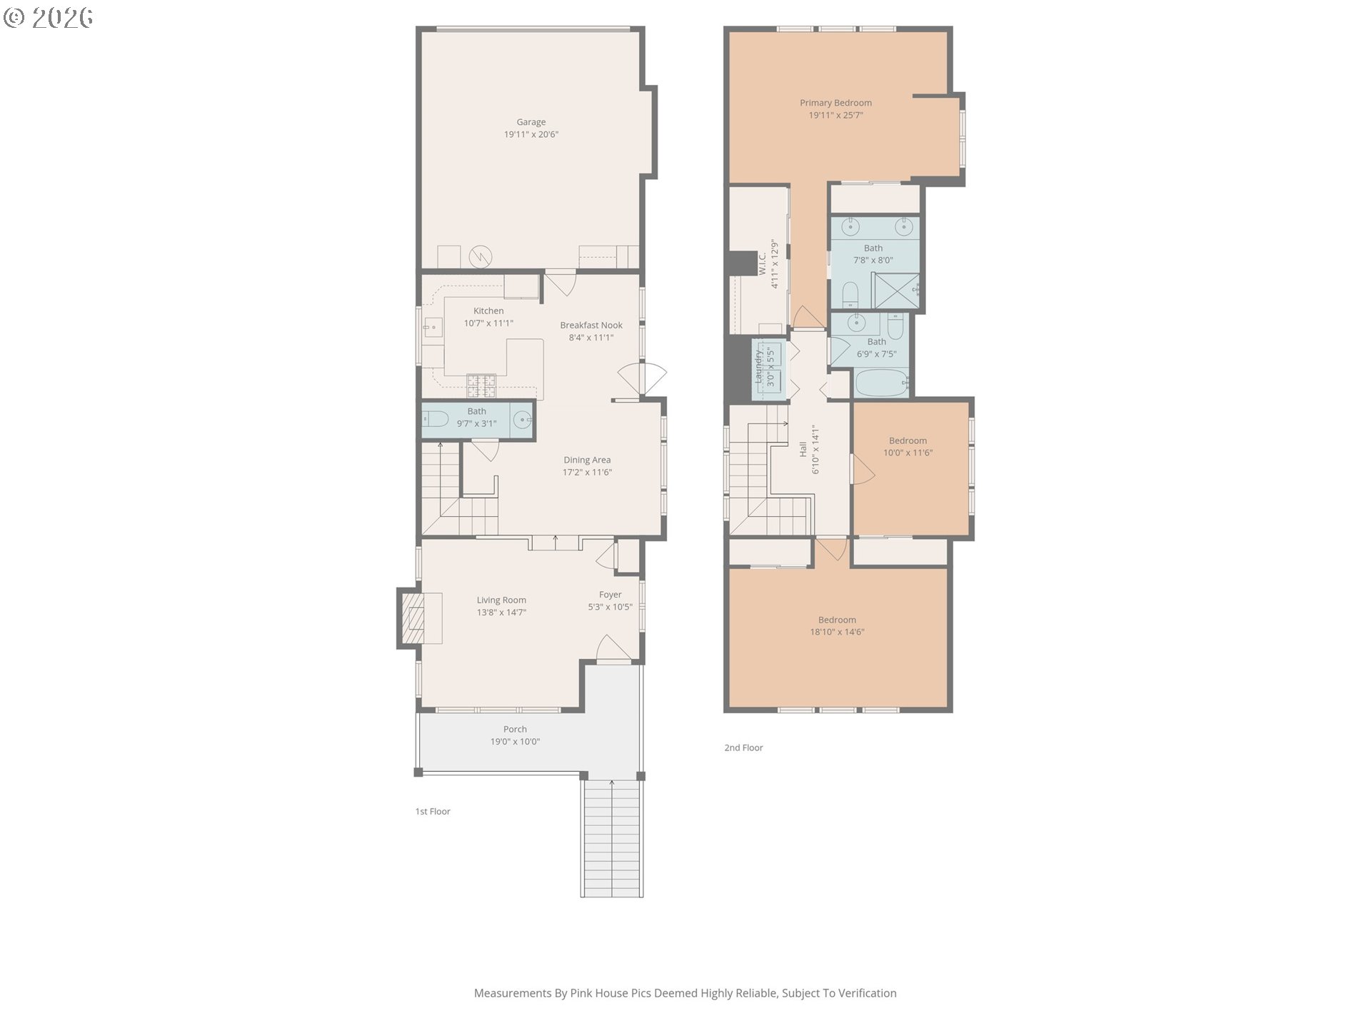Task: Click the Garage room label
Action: pos(531,122)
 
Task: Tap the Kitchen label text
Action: pos(488,311)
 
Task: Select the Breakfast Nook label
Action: pos(591,325)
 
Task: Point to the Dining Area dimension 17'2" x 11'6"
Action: pos(587,472)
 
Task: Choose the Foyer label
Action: pos(610,595)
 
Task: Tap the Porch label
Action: pos(515,729)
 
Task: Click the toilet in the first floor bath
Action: pos(434,419)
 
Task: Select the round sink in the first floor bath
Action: pos(523,420)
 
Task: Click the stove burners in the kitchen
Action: pos(481,385)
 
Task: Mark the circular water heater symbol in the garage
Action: pos(481,256)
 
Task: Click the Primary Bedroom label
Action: pos(835,103)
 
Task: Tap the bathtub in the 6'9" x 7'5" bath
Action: pos(883,383)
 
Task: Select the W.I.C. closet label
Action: pos(762,263)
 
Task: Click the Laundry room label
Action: pos(758,366)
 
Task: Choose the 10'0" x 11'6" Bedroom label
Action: pos(908,440)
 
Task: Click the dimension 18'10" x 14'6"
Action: pos(837,632)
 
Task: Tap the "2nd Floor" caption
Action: pos(743,747)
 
